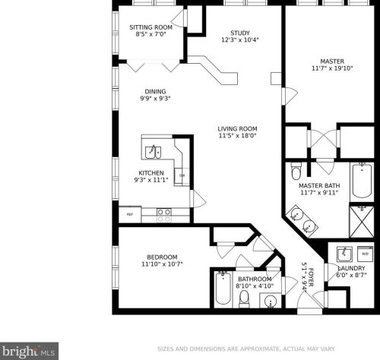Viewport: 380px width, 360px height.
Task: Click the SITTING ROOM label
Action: click(151, 27)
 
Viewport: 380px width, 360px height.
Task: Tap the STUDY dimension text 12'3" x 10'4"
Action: click(240, 40)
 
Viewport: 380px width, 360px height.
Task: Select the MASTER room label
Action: click(332, 62)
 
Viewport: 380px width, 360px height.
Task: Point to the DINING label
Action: click(155, 92)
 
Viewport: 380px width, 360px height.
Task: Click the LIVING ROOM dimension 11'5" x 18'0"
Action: click(238, 136)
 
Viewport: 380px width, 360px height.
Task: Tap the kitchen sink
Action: click(153, 152)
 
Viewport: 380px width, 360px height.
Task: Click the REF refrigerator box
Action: click(130, 214)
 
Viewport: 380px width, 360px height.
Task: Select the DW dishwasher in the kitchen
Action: click(182, 175)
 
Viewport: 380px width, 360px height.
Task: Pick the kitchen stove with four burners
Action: click(164, 215)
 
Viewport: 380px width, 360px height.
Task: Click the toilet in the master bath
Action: click(296, 171)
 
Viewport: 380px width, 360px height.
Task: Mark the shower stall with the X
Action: click(362, 222)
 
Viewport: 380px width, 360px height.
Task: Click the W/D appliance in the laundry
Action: click(365, 254)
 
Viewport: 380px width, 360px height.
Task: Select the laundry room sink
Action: click(344, 254)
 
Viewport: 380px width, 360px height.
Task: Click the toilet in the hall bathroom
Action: click(245, 298)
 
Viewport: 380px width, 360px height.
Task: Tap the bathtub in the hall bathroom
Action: click(223, 289)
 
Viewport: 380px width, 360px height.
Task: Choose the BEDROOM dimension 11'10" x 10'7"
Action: click(162, 264)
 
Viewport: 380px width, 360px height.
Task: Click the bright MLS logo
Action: click(29, 351)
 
